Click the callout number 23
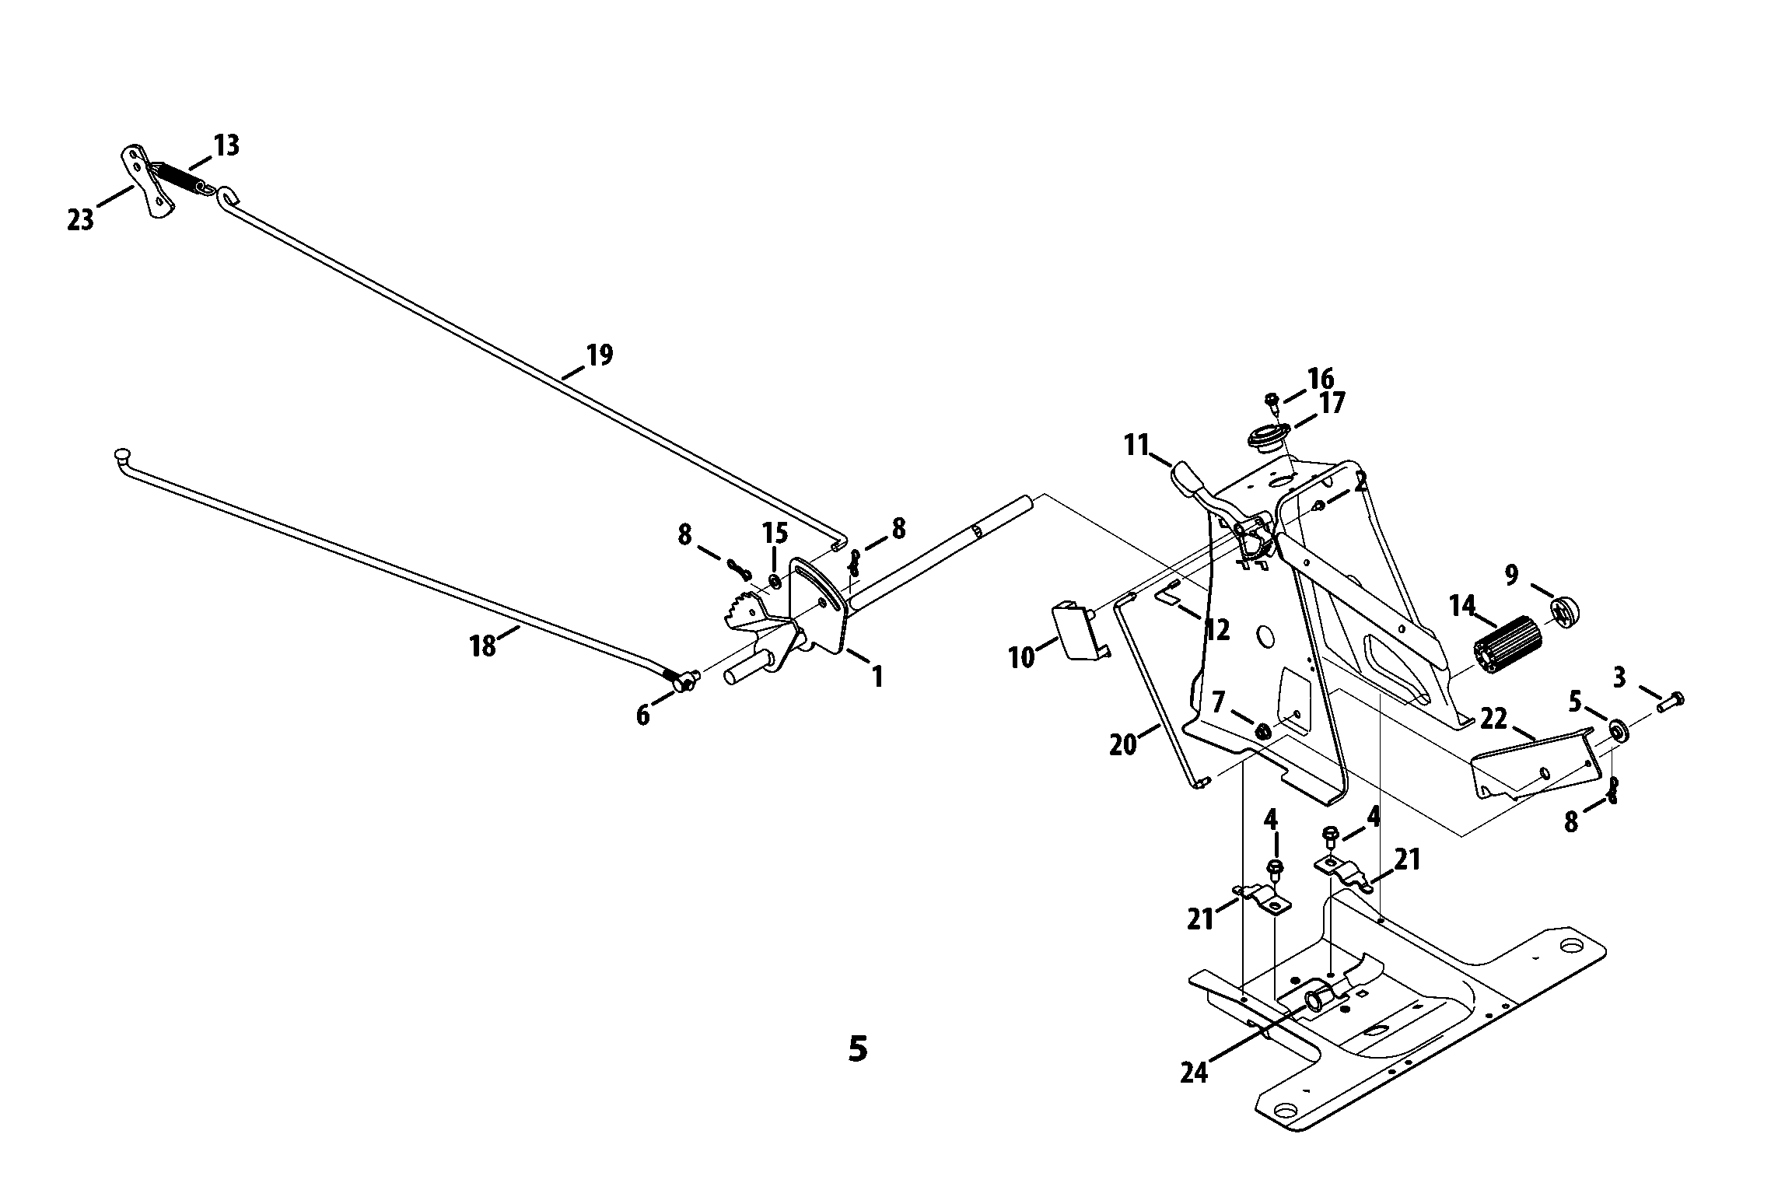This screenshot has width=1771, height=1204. (x=80, y=220)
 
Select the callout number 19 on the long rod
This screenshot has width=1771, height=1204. (x=599, y=355)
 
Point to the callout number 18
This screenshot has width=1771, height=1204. (x=483, y=646)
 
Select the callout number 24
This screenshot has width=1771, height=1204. (x=1194, y=1073)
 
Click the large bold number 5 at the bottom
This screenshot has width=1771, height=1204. (x=857, y=1049)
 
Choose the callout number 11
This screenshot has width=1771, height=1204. (x=1136, y=446)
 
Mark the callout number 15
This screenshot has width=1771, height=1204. (x=775, y=534)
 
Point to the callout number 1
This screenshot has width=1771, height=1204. (x=877, y=677)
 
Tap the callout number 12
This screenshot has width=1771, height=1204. (x=1217, y=629)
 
